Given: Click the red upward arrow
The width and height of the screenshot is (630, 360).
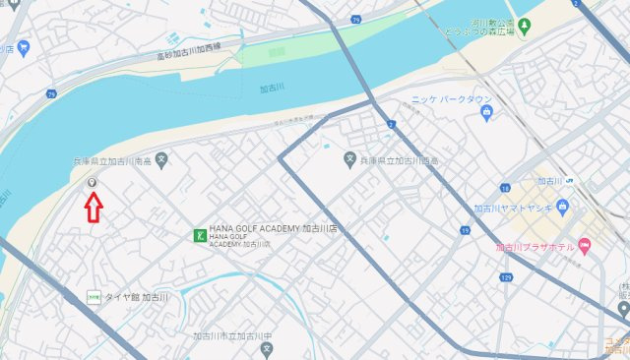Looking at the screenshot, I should [x=93, y=208].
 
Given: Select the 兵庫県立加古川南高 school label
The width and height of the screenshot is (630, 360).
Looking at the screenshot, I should [x=111, y=160].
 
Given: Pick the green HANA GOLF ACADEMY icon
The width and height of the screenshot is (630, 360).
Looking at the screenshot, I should [x=199, y=235].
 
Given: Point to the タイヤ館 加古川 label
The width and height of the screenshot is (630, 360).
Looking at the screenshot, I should [x=138, y=296].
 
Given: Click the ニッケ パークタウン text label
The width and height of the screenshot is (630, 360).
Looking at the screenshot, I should [x=451, y=99].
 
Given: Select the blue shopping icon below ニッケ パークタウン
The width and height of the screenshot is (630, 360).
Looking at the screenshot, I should [x=486, y=115].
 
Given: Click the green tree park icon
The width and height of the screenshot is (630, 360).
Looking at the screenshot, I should [x=525, y=24].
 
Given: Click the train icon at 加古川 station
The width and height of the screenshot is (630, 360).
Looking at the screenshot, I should [x=570, y=180].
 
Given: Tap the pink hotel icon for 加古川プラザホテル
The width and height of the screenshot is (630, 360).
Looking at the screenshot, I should [x=584, y=246].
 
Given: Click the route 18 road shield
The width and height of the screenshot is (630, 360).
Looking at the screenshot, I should [x=505, y=187].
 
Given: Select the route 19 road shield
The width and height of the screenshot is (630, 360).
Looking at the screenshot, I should [x=464, y=230].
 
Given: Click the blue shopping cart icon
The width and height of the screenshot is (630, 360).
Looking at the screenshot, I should [x=23, y=47].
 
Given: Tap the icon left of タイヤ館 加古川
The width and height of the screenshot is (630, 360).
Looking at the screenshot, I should [x=93, y=296].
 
